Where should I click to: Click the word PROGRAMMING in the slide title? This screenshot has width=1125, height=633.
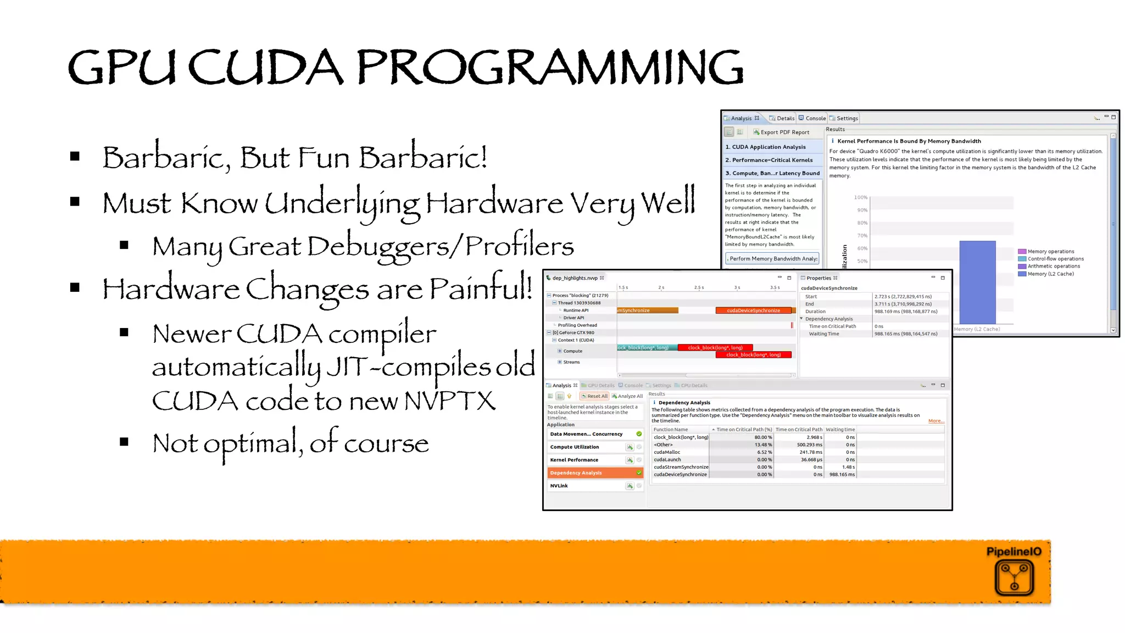(549, 67)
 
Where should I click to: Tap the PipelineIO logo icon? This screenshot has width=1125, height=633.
(1014, 578)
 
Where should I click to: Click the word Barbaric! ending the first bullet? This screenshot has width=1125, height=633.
(423, 158)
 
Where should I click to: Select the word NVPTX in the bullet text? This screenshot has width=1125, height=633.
(450, 401)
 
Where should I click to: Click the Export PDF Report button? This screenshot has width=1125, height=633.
(781, 132)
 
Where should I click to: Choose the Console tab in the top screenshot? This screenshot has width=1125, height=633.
(812, 118)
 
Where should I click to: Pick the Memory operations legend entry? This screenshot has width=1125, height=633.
(1050, 252)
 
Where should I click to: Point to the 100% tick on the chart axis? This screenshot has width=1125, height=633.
(861, 197)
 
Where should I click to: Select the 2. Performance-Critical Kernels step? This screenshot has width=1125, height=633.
(772, 160)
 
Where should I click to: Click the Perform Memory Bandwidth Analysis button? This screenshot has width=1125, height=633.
(772, 259)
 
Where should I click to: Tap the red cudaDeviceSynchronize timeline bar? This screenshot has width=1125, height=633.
(754, 310)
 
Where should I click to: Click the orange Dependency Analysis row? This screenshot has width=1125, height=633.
(594, 473)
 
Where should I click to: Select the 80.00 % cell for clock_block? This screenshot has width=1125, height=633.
(762, 437)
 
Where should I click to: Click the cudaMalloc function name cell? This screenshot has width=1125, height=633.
(667, 452)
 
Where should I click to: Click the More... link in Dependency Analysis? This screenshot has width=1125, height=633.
(936, 421)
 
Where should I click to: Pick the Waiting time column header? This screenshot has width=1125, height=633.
(840, 430)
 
